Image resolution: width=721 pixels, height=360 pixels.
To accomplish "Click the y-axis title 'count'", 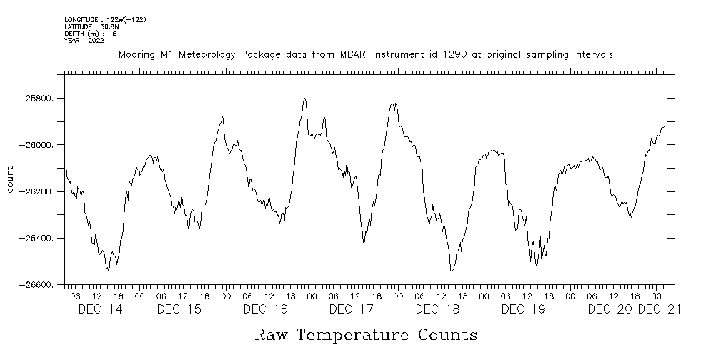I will (x=10, y=179).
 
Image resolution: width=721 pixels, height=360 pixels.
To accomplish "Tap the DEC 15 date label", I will (x=179, y=309).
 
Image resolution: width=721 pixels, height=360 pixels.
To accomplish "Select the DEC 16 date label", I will (x=265, y=309).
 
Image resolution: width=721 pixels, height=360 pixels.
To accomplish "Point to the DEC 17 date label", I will (x=351, y=309).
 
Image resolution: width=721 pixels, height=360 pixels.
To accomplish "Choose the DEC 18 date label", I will (x=437, y=309).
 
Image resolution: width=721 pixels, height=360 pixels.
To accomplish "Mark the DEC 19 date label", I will (x=523, y=309).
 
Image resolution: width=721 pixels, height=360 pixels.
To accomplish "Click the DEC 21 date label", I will (x=659, y=309).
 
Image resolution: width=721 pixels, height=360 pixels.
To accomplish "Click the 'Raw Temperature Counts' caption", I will (x=365, y=335).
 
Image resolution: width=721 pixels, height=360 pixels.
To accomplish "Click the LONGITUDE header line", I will (x=105, y=20).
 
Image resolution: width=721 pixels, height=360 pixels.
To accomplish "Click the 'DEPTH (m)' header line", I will (x=91, y=34).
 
